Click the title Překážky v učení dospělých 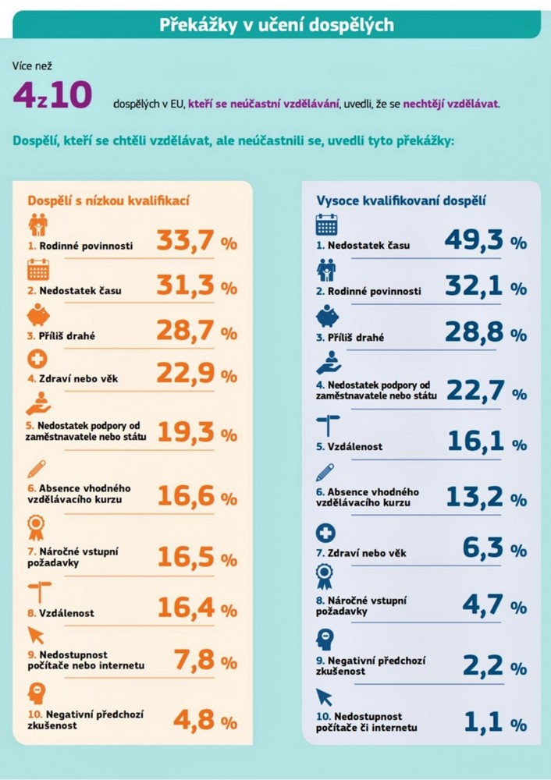[277, 24]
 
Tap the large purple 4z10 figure [52, 94]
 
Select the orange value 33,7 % [197, 241]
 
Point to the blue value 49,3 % [485, 240]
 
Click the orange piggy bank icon [37, 314]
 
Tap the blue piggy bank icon [327, 315]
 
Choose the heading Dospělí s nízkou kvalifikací [108, 201]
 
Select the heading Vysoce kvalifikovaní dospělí [401, 201]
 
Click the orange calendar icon [37, 270]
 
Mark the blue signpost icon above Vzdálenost [328, 426]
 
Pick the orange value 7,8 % [206, 661]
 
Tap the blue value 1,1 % [496, 722]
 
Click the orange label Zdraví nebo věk [73, 378]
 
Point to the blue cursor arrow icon [324, 697]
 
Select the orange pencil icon [37, 469]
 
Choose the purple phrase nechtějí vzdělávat [450, 104]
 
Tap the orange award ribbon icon [36, 528]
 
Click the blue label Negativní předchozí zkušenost [371, 666]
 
